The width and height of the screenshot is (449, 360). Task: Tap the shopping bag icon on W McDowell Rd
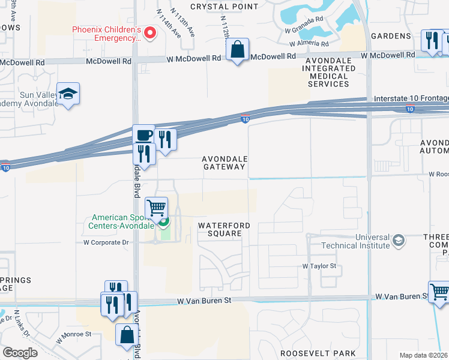[238, 50]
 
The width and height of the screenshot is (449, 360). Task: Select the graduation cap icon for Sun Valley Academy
[68, 94]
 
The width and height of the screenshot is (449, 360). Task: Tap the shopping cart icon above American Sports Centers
[157, 208]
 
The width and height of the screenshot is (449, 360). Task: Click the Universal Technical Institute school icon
[397, 241]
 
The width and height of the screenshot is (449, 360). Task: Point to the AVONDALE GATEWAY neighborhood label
[225, 163]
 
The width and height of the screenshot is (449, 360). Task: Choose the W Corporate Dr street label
[106, 243]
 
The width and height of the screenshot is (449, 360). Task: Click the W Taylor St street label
[322, 265]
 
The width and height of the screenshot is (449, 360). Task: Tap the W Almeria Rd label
[309, 44]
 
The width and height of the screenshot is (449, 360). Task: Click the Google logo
[20, 353]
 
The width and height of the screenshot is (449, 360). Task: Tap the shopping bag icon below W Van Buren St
[127, 336]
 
